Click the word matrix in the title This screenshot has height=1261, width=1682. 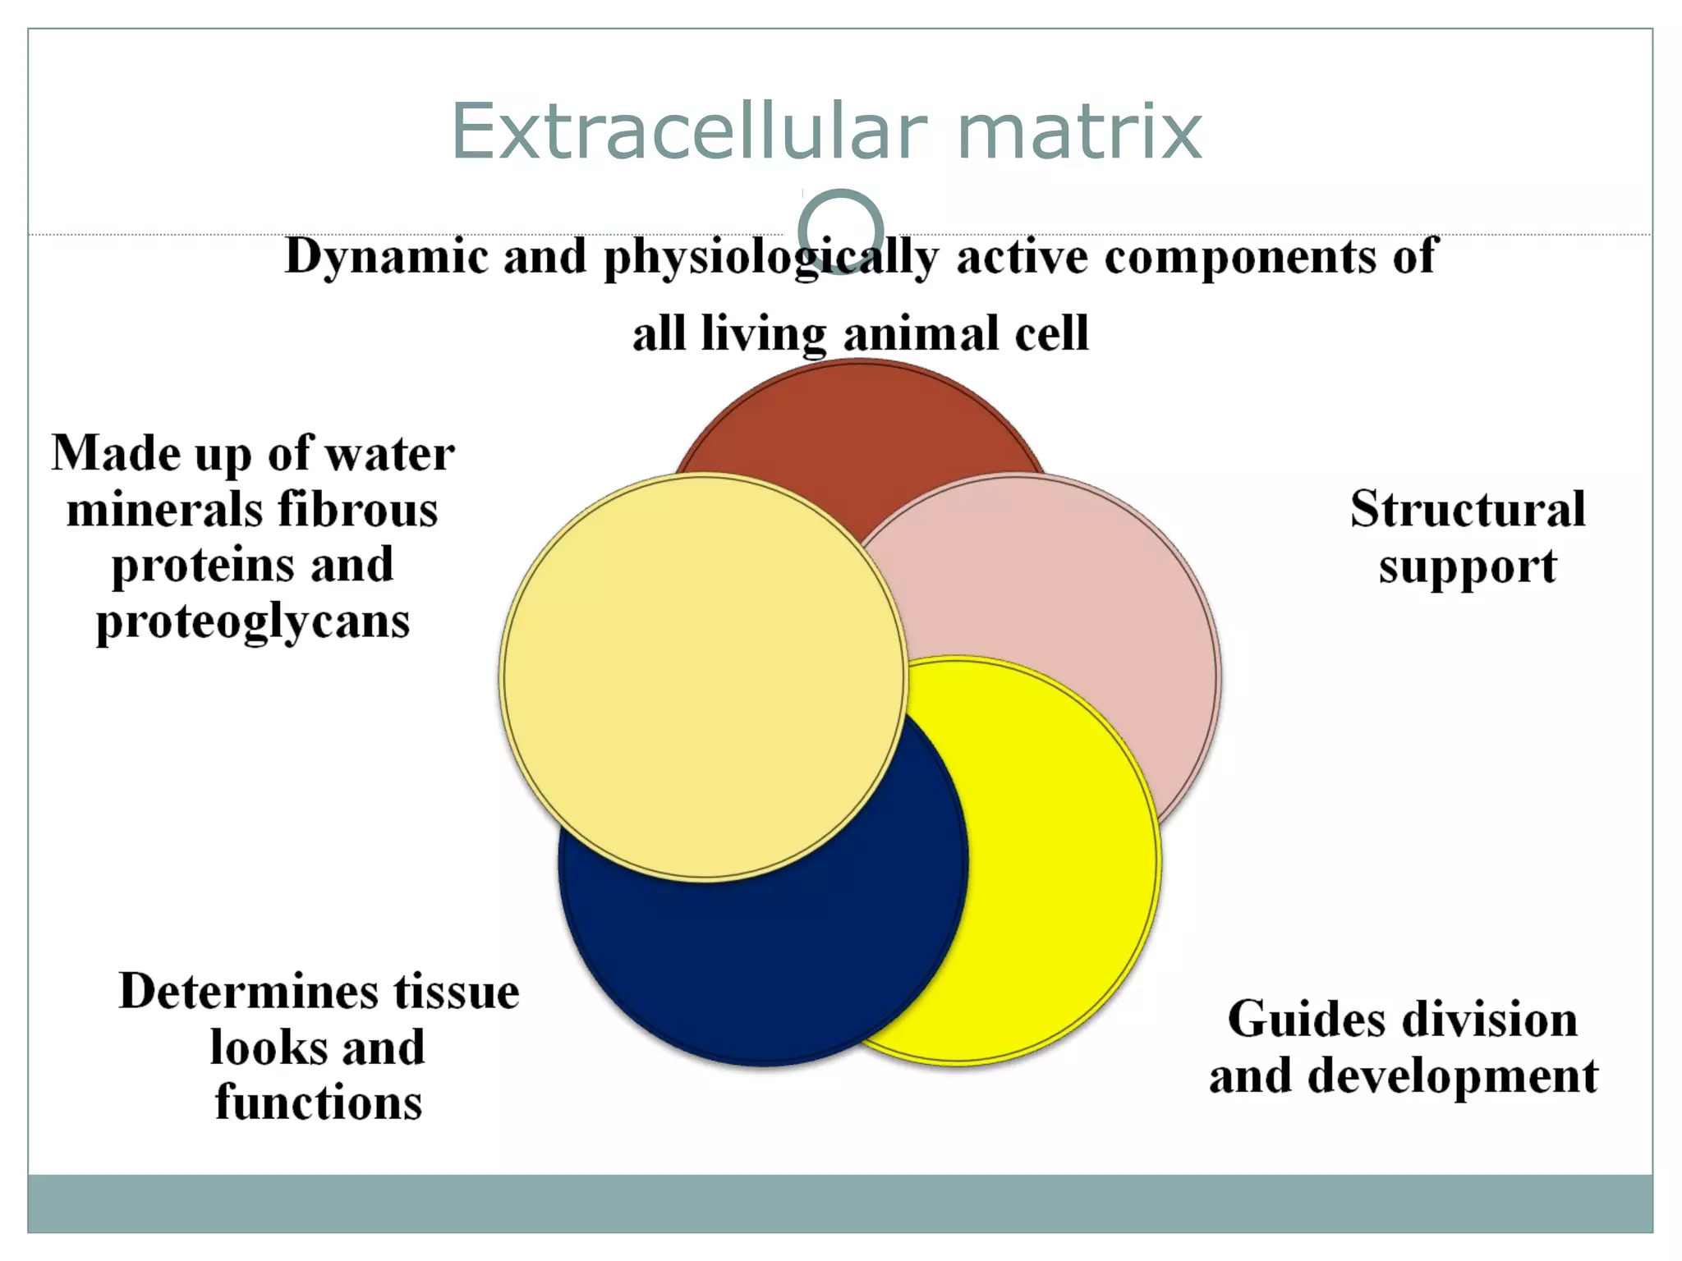1079,131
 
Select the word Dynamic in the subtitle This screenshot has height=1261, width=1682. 386,256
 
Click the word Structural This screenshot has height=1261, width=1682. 1468,509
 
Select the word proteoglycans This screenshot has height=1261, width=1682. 253,621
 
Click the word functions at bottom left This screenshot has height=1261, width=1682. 319,1103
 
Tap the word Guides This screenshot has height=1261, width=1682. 1306,1020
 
